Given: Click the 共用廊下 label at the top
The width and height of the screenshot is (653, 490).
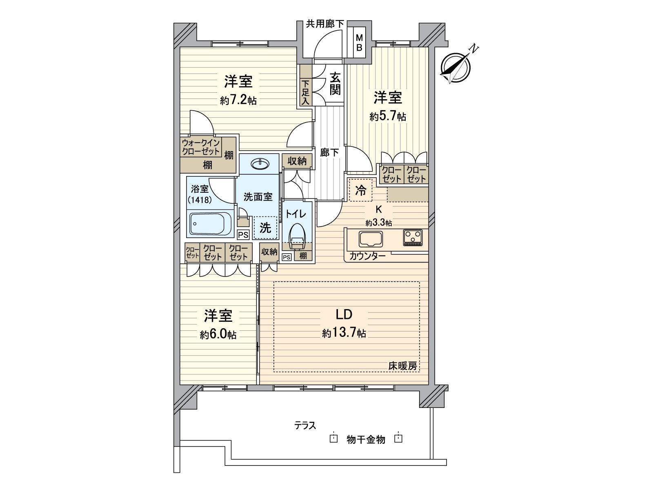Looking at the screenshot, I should point(325,24).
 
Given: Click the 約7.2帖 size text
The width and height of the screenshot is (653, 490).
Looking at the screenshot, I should point(238,100).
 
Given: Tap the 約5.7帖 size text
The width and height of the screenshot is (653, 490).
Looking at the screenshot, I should point(388,117).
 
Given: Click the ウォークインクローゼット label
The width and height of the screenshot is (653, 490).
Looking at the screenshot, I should point(201,147).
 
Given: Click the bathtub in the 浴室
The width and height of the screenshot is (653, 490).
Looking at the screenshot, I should point(211,223).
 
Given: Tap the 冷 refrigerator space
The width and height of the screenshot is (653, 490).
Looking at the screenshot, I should point(360,190).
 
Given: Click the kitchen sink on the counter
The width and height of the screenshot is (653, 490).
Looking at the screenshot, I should point(371,239).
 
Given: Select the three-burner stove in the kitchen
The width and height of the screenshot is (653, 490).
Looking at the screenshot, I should point(413,237).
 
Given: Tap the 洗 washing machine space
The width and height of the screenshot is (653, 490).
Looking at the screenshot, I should point(265,227).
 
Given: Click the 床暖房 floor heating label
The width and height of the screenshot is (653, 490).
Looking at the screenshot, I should point(402,366).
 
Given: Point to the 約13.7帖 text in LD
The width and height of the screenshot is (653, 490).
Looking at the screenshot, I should point(344,333).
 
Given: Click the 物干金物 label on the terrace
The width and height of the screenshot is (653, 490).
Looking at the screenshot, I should point(366,439).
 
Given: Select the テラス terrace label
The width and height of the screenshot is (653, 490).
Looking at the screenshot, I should point(305,426).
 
